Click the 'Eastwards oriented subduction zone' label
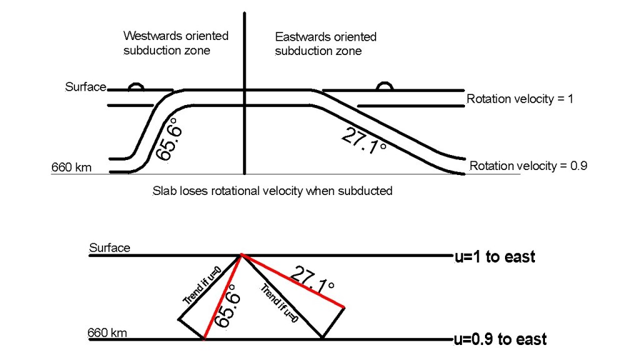[x=326, y=44]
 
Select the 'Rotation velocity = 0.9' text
[x=528, y=166]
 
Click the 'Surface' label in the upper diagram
[x=86, y=87]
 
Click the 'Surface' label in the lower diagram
[x=109, y=248]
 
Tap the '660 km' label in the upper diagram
[x=71, y=167]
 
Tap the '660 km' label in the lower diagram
[x=107, y=332]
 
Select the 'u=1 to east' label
[x=494, y=257]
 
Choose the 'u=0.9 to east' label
[x=500, y=339]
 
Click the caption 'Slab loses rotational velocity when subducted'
[x=272, y=191]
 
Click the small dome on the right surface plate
[x=385, y=86]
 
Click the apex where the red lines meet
[x=242, y=255]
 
